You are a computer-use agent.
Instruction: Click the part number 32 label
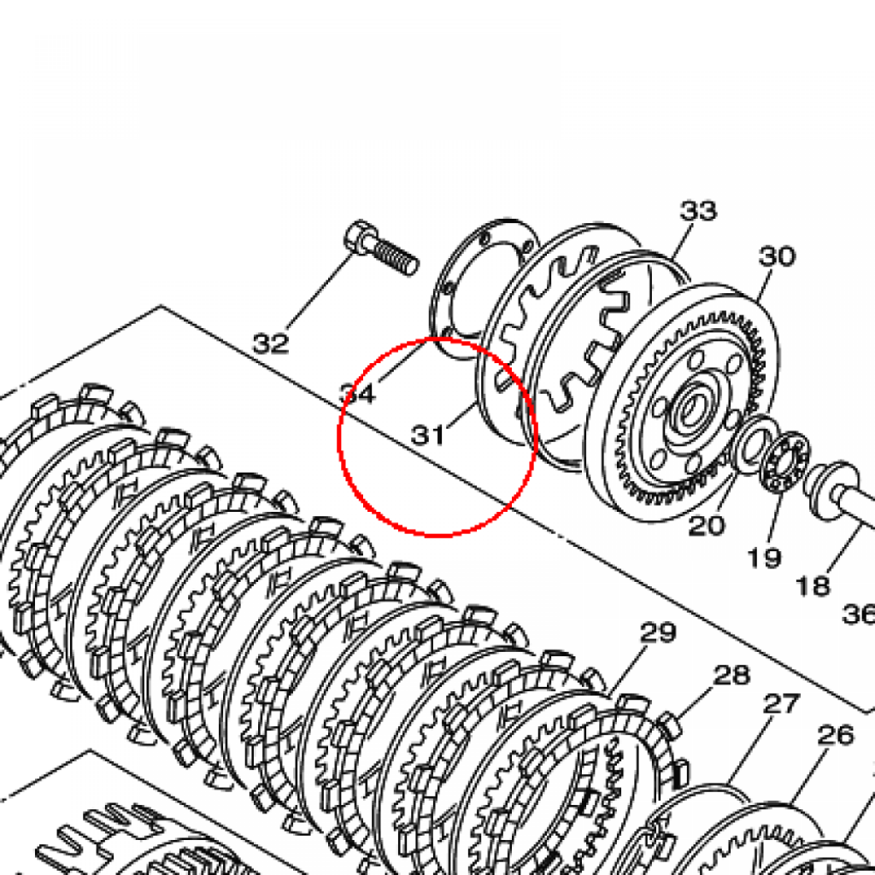coord(271,343)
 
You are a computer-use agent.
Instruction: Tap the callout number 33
coord(698,211)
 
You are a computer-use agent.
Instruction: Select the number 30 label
coord(777,256)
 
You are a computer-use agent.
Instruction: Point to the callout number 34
coord(358,394)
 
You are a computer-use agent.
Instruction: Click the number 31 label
coord(429,435)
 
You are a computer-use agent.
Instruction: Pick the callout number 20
coord(707,526)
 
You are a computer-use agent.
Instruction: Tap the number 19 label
coord(764,556)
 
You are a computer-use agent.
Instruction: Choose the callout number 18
coord(813,585)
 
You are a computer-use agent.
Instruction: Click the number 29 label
coord(658,631)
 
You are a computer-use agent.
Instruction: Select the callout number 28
coord(731,675)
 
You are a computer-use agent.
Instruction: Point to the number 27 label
coord(781,704)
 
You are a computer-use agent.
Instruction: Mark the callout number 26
coord(836,735)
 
